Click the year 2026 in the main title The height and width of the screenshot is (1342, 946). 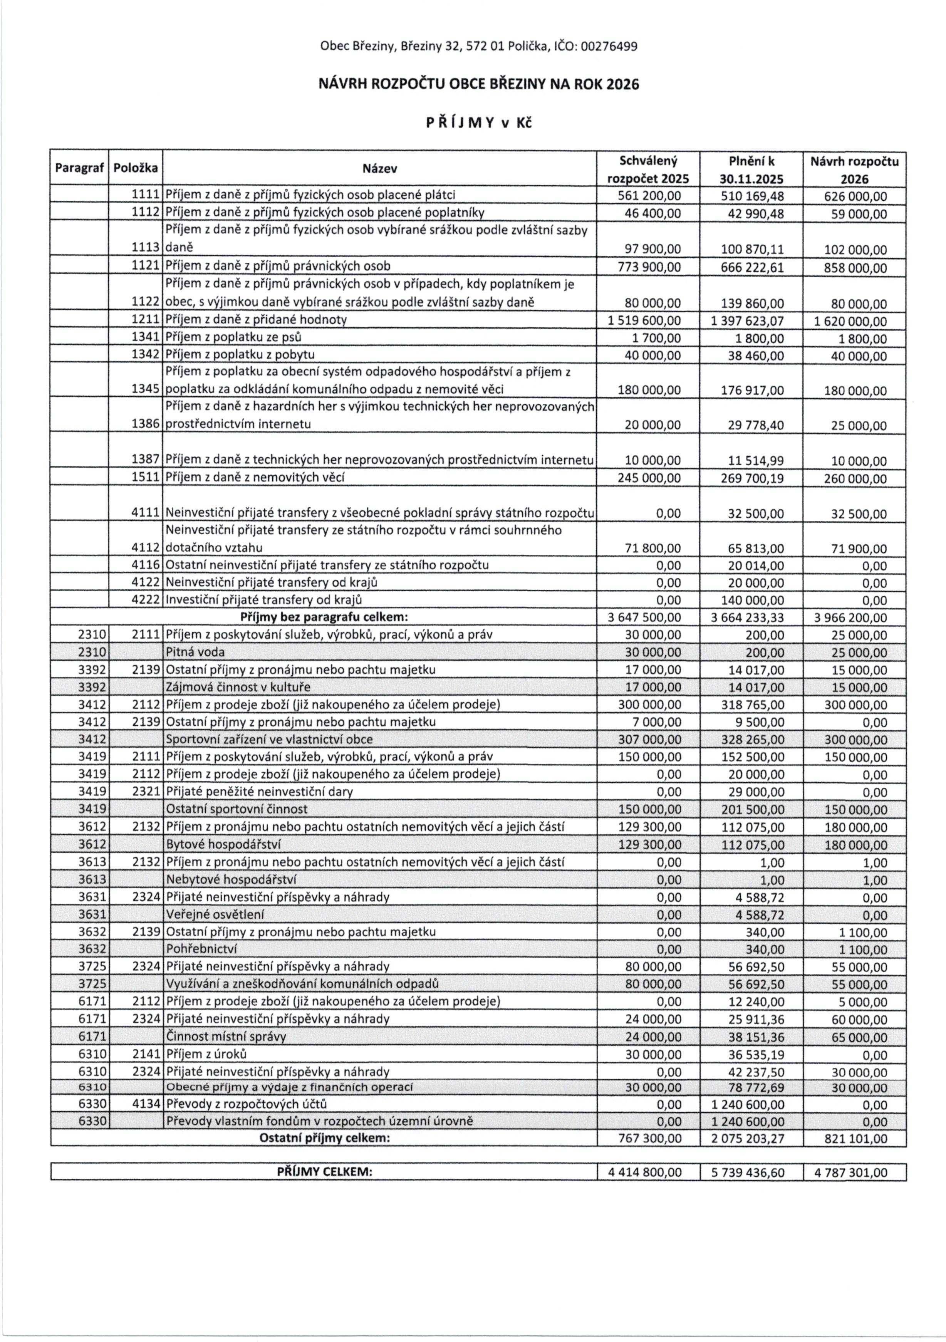[x=623, y=85]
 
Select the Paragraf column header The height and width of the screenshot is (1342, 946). [x=79, y=168]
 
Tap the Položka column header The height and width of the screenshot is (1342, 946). [x=136, y=168]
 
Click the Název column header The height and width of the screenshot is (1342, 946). [x=380, y=169]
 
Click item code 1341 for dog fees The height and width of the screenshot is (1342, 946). [x=146, y=337]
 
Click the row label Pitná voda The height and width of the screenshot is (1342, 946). [x=196, y=652]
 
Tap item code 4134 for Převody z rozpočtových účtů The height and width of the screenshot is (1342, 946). [x=146, y=1104]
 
